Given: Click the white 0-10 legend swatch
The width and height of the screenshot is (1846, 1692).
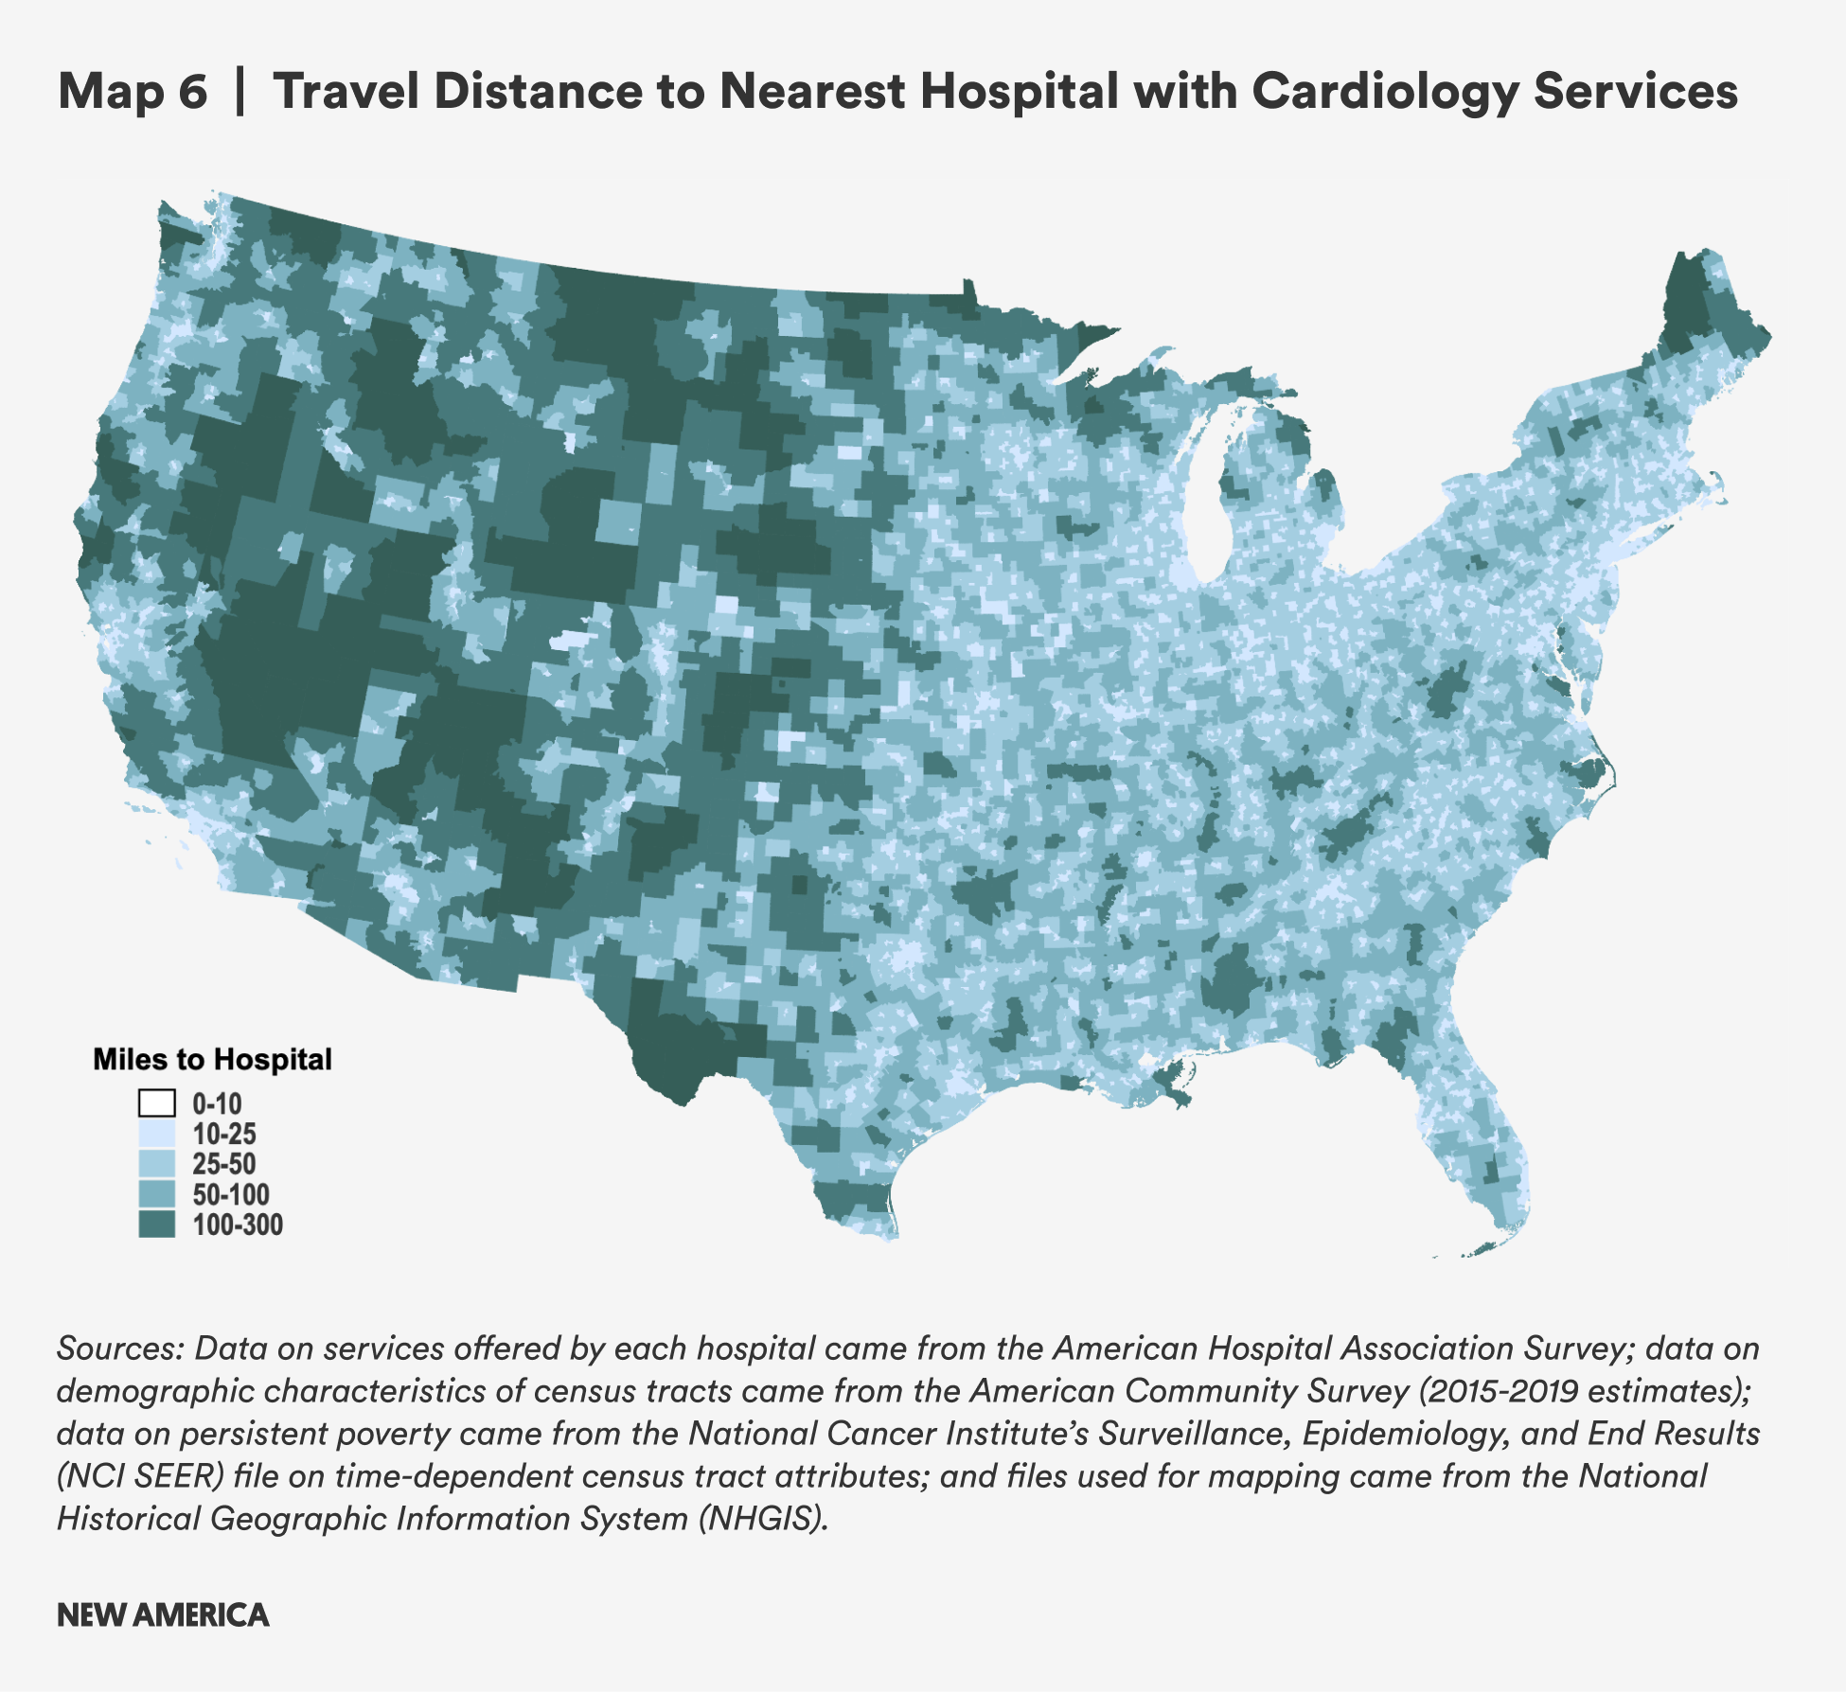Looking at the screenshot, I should click(157, 1103).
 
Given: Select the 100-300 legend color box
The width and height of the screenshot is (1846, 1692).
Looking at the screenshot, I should click(157, 1225).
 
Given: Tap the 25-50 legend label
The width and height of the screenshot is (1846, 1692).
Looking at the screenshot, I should click(224, 1164).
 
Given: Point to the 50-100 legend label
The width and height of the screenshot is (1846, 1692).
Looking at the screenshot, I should click(231, 1194).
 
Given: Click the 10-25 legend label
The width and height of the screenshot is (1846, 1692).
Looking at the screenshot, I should click(224, 1134).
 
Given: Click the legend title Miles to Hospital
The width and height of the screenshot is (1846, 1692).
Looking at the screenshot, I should click(212, 1059).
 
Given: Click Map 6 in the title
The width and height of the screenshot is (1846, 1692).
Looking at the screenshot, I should click(133, 92).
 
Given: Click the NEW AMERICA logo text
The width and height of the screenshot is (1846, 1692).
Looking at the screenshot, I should click(163, 1614).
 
